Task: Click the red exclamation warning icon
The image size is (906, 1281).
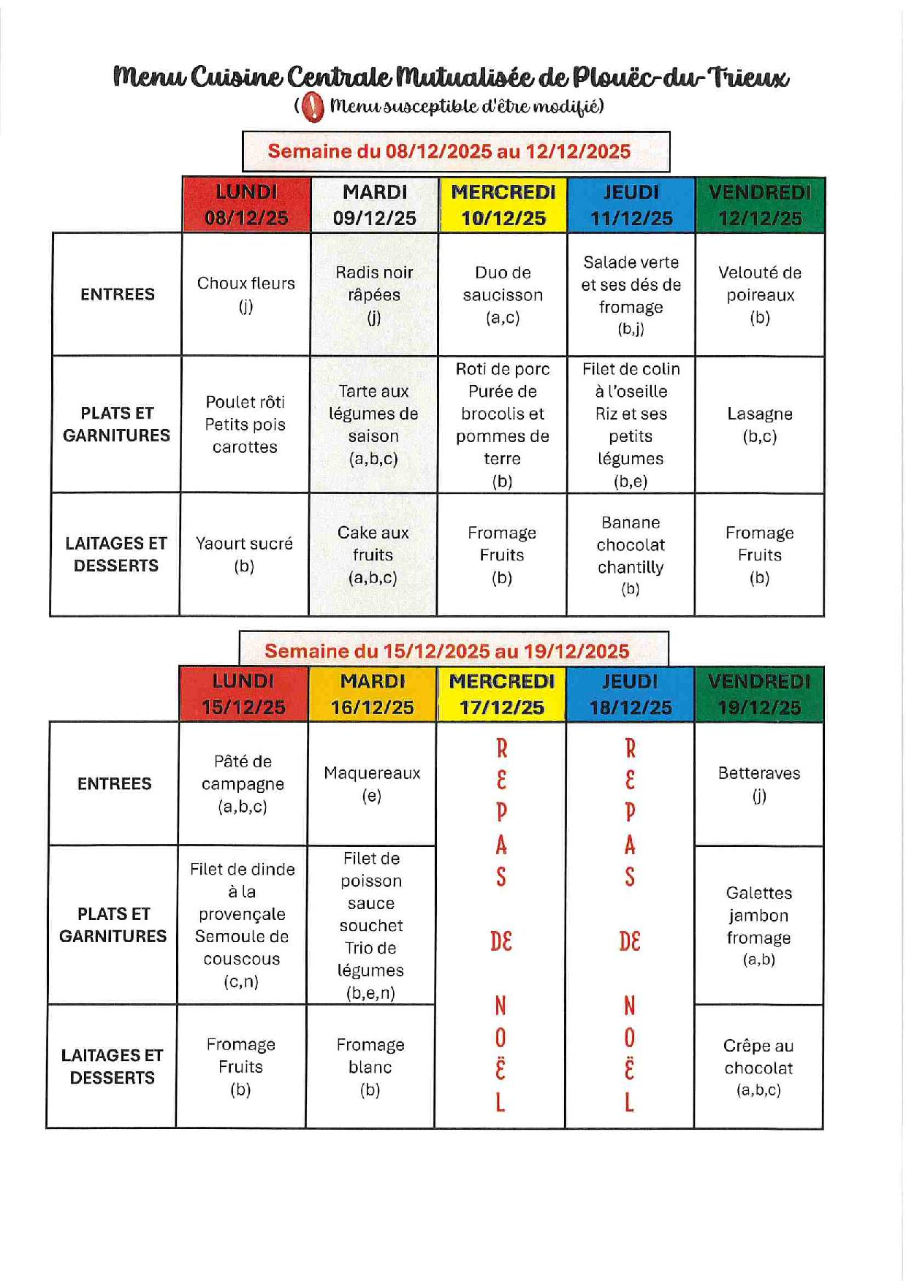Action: pyautogui.click(x=313, y=107)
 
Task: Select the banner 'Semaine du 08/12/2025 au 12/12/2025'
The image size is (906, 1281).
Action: pyautogui.click(x=456, y=151)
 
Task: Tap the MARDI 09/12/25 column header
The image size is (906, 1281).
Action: pyautogui.click(x=375, y=205)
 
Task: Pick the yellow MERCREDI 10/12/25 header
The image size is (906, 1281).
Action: pyautogui.click(x=503, y=205)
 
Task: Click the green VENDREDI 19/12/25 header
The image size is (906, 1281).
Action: pyautogui.click(x=758, y=694)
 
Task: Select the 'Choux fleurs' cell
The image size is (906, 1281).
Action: pyautogui.click(x=246, y=294)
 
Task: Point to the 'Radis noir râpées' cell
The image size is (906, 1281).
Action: pyautogui.click(x=374, y=294)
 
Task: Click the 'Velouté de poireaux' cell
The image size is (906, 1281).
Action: pyautogui.click(x=760, y=294)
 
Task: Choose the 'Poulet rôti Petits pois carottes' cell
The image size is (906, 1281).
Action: pyautogui.click(x=245, y=424)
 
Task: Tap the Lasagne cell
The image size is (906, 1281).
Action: pyautogui.click(x=760, y=424)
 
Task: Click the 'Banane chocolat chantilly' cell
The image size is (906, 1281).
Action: pyautogui.click(x=631, y=555)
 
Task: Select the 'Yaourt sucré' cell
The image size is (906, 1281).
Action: pyautogui.click(x=244, y=555)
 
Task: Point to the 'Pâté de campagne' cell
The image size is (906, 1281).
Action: pyautogui.click(x=243, y=783)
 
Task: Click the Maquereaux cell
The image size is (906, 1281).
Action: pyautogui.click(x=372, y=783)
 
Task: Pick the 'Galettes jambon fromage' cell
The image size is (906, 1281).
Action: pyautogui.click(x=758, y=925)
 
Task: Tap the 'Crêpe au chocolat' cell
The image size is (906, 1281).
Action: pyautogui.click(x=758, y=1067)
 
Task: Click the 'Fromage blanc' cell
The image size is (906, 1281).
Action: pyautogui.click(x=370, y=1067)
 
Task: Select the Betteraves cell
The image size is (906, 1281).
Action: pyautogui.click(x=759, y=783)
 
